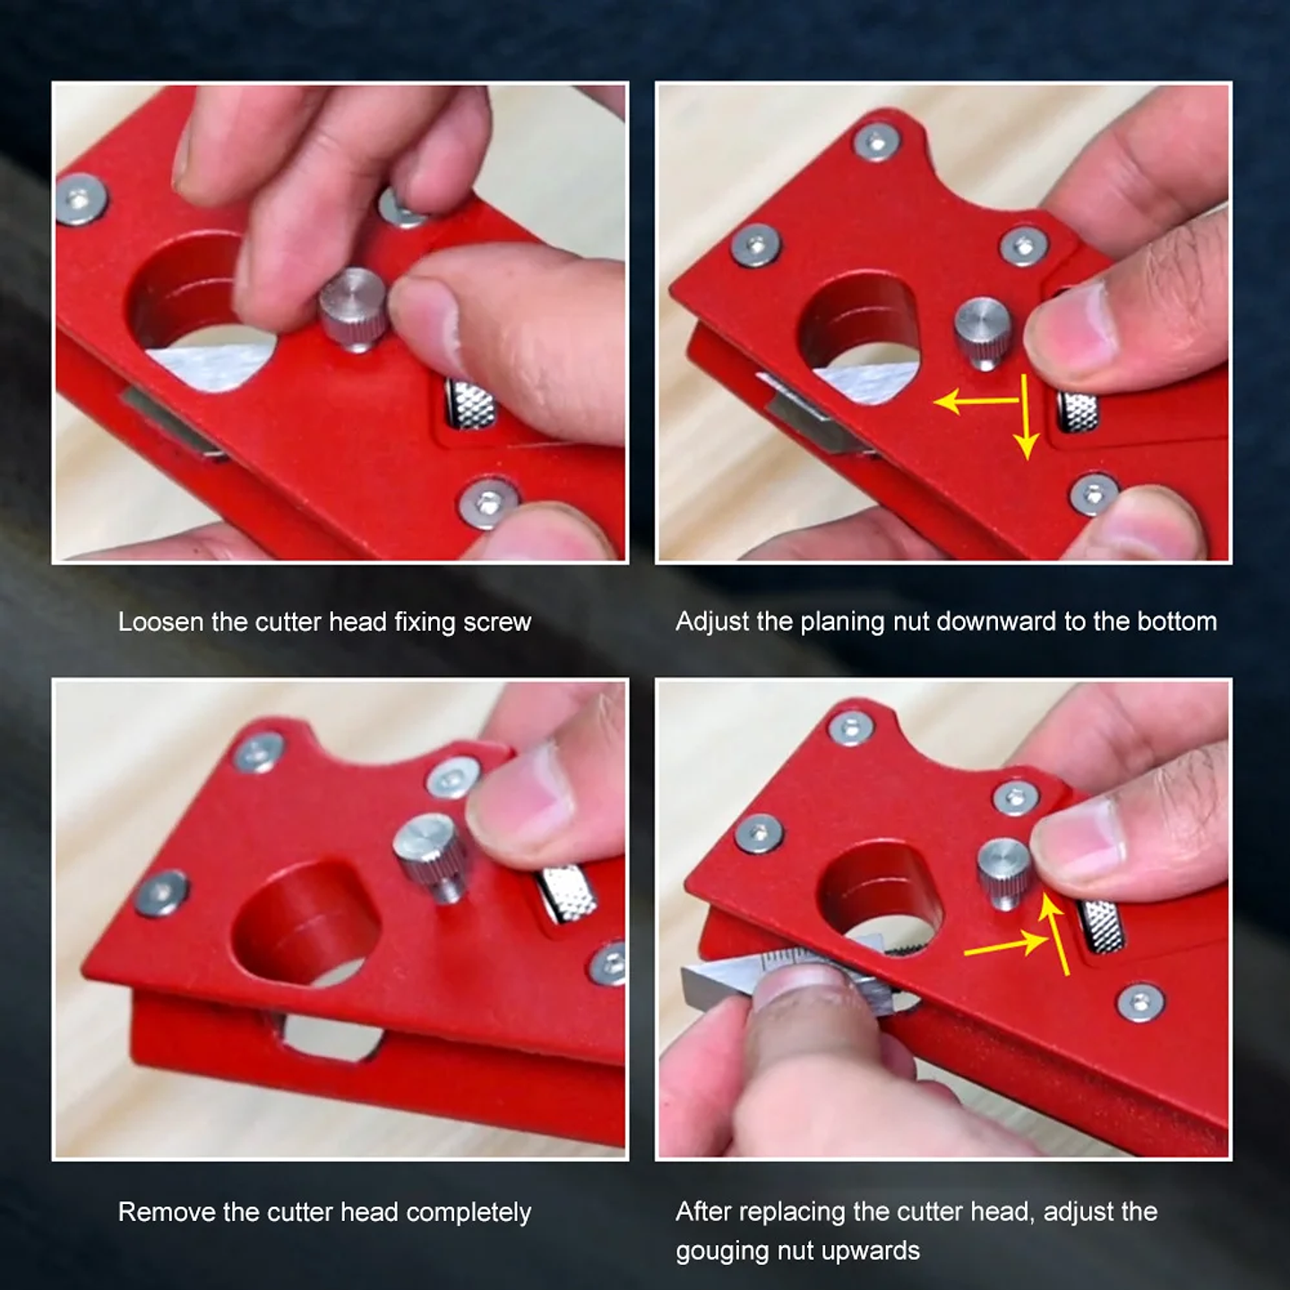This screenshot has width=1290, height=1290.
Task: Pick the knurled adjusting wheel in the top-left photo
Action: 470,405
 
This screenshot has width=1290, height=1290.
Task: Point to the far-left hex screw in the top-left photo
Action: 81,200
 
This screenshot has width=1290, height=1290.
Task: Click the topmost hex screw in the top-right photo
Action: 876,142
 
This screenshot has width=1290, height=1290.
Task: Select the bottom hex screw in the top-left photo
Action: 487,503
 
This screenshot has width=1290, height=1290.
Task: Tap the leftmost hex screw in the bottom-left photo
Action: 162,892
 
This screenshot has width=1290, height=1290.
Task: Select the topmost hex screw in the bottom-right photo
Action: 851,727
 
